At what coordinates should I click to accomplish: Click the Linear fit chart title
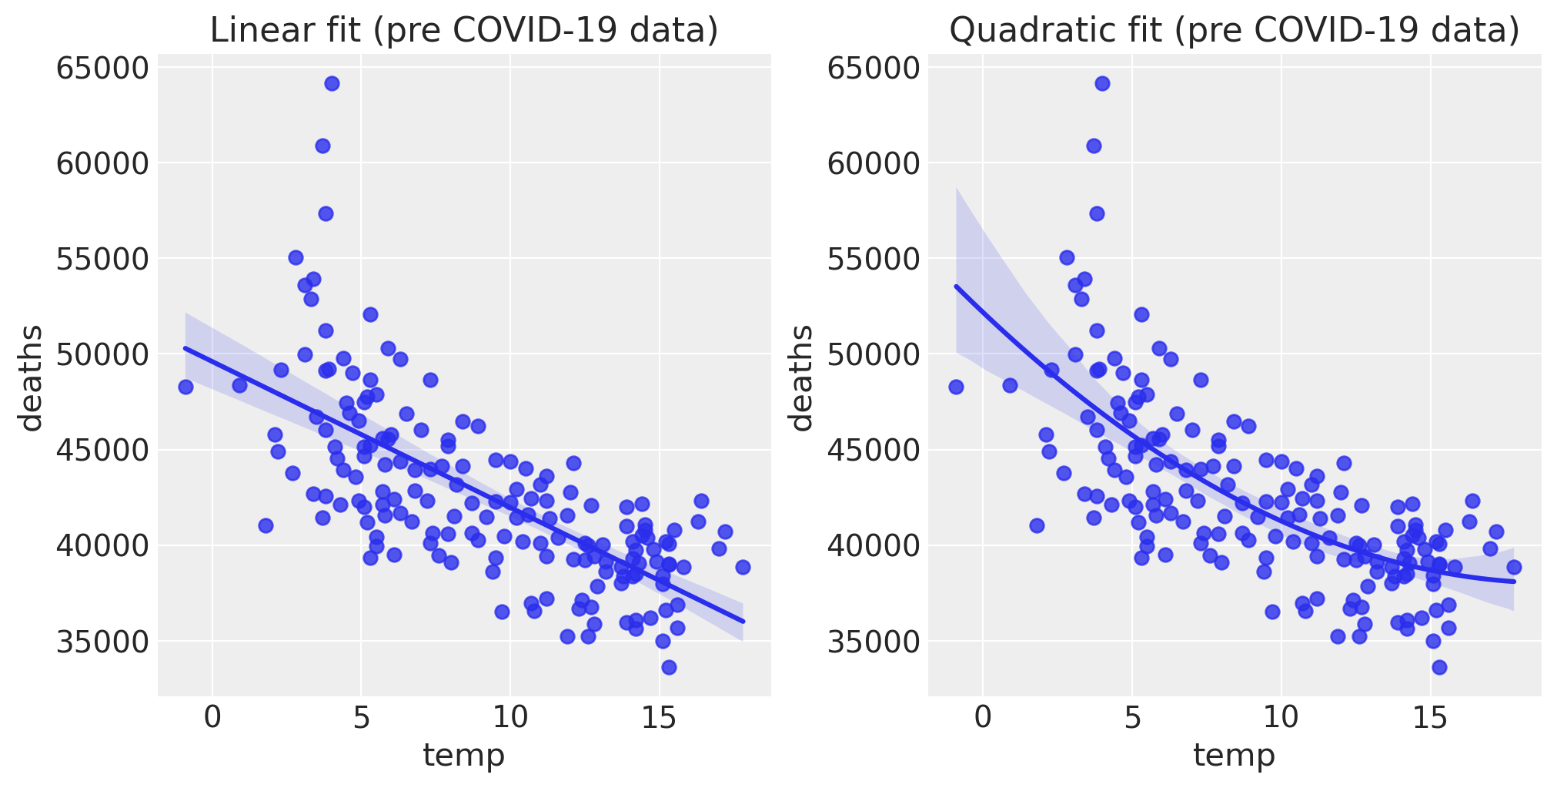coord(464,31)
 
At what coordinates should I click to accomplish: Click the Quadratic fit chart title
coord(1234,31)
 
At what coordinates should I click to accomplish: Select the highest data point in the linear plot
coord(332,83)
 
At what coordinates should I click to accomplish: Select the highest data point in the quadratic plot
coord(1102,83)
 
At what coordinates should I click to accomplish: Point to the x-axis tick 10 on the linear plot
coord(510,719)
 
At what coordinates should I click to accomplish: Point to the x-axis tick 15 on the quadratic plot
coord(1429,719)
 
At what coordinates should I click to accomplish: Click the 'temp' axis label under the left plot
coord(464,756)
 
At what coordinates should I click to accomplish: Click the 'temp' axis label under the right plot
coord(1234,756)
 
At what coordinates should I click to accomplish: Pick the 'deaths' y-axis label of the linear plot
coord(31,377)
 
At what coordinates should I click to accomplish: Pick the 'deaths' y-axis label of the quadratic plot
coord(801,377)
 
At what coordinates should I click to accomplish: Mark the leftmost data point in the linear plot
coord(185,387)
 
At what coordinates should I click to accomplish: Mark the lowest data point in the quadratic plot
coord(1439,667)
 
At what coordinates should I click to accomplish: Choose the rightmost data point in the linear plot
coord(743,567)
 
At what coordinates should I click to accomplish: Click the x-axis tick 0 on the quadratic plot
coord(983,719)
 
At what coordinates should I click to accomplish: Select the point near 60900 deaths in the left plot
coord(322,146)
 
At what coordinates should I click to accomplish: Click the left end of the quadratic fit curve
coord(957,287)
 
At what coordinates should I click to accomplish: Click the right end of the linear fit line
coord(743,621)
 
